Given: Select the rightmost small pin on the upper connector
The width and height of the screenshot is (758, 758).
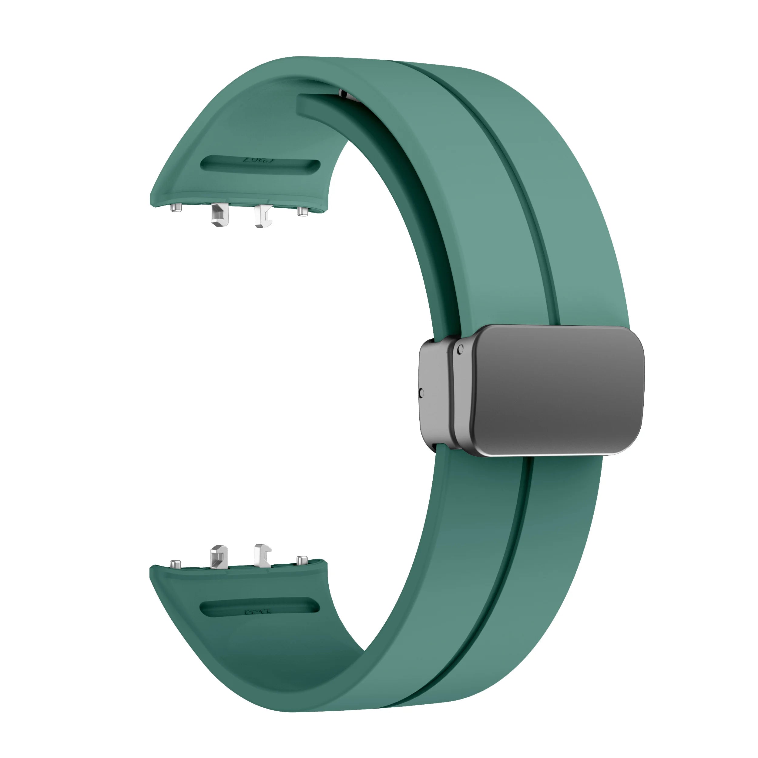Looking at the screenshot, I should [x=302, y=211].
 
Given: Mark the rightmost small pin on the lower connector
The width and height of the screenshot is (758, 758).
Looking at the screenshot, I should [x=302, y=560].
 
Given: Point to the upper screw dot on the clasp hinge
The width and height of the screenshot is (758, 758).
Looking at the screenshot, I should [x=460, y=349].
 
